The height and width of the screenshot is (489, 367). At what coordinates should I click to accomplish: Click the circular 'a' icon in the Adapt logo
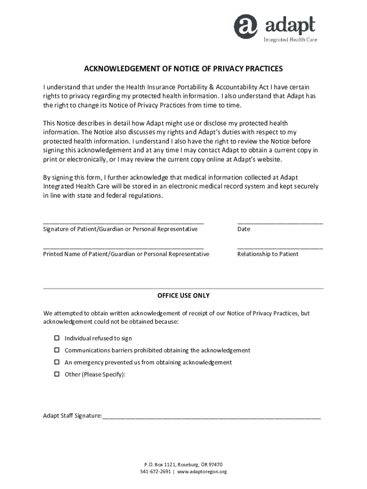click(245, 26)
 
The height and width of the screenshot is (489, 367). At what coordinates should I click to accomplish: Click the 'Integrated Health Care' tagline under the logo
click(290, 40)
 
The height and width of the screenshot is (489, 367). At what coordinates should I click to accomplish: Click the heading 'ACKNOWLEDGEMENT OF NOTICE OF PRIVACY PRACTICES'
click(183, 69)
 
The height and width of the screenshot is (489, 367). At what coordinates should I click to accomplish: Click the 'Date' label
click(244, 229)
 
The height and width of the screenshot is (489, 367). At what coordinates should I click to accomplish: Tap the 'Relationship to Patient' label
click(268, 254)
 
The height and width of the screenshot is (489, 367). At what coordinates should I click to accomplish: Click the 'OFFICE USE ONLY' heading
click(183, 296)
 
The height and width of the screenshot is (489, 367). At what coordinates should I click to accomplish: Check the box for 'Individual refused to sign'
click(56, 339)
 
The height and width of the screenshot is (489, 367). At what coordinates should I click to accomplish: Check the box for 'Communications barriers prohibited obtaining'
click(56, 351)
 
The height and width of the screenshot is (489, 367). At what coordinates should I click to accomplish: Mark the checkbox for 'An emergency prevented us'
click(56, 362)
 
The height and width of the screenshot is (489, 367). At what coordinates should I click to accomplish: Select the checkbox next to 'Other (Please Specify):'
click(56, 374)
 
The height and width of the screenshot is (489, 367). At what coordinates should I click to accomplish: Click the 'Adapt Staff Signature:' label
click(72, 416)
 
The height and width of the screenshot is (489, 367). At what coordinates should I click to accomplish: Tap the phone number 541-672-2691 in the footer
click(155, 472)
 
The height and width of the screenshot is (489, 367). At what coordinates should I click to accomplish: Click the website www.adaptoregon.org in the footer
click(202, 472)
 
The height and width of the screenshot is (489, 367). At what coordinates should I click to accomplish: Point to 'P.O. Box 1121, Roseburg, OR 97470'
click(183, 464)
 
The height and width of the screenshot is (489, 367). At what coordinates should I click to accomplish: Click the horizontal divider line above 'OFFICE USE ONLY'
click(183, 288)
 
